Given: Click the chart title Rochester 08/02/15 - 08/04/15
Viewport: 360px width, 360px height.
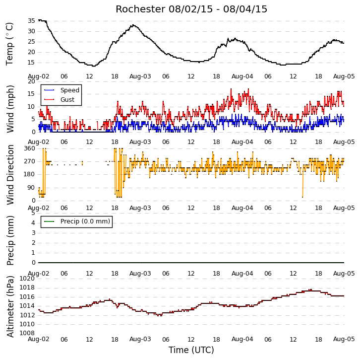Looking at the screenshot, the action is (191, 9).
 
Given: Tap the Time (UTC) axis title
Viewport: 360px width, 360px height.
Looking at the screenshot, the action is (191, 350).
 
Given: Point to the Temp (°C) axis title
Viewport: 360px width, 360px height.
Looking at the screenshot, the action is (9, 44).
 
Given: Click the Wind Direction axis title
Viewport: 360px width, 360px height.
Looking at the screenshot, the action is (10, 175).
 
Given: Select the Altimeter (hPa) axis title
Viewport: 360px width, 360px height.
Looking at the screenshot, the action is (10, 307).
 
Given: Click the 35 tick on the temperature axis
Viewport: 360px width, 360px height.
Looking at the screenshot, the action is (31, 21).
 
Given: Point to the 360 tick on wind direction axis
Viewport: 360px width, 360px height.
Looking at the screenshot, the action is (30, 148).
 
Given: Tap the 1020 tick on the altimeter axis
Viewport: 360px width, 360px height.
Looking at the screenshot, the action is (27, 279).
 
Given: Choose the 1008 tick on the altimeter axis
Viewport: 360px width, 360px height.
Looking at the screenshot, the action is (27, 333).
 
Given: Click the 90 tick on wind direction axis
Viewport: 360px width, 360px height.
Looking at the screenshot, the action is (31, 188).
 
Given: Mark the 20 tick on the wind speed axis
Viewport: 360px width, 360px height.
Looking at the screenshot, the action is (31, 81).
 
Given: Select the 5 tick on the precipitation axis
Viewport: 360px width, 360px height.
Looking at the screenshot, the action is (34, 213).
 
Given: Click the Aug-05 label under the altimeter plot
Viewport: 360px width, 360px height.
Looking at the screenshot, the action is (344, 339).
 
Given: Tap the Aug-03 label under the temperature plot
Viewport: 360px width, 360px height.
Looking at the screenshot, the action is (140, 76).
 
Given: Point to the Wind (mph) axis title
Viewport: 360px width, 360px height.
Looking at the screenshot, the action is (10, 109).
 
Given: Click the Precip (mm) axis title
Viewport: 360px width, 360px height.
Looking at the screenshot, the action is (10, 240).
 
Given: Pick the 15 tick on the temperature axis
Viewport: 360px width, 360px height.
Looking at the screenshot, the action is (31, 63).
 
